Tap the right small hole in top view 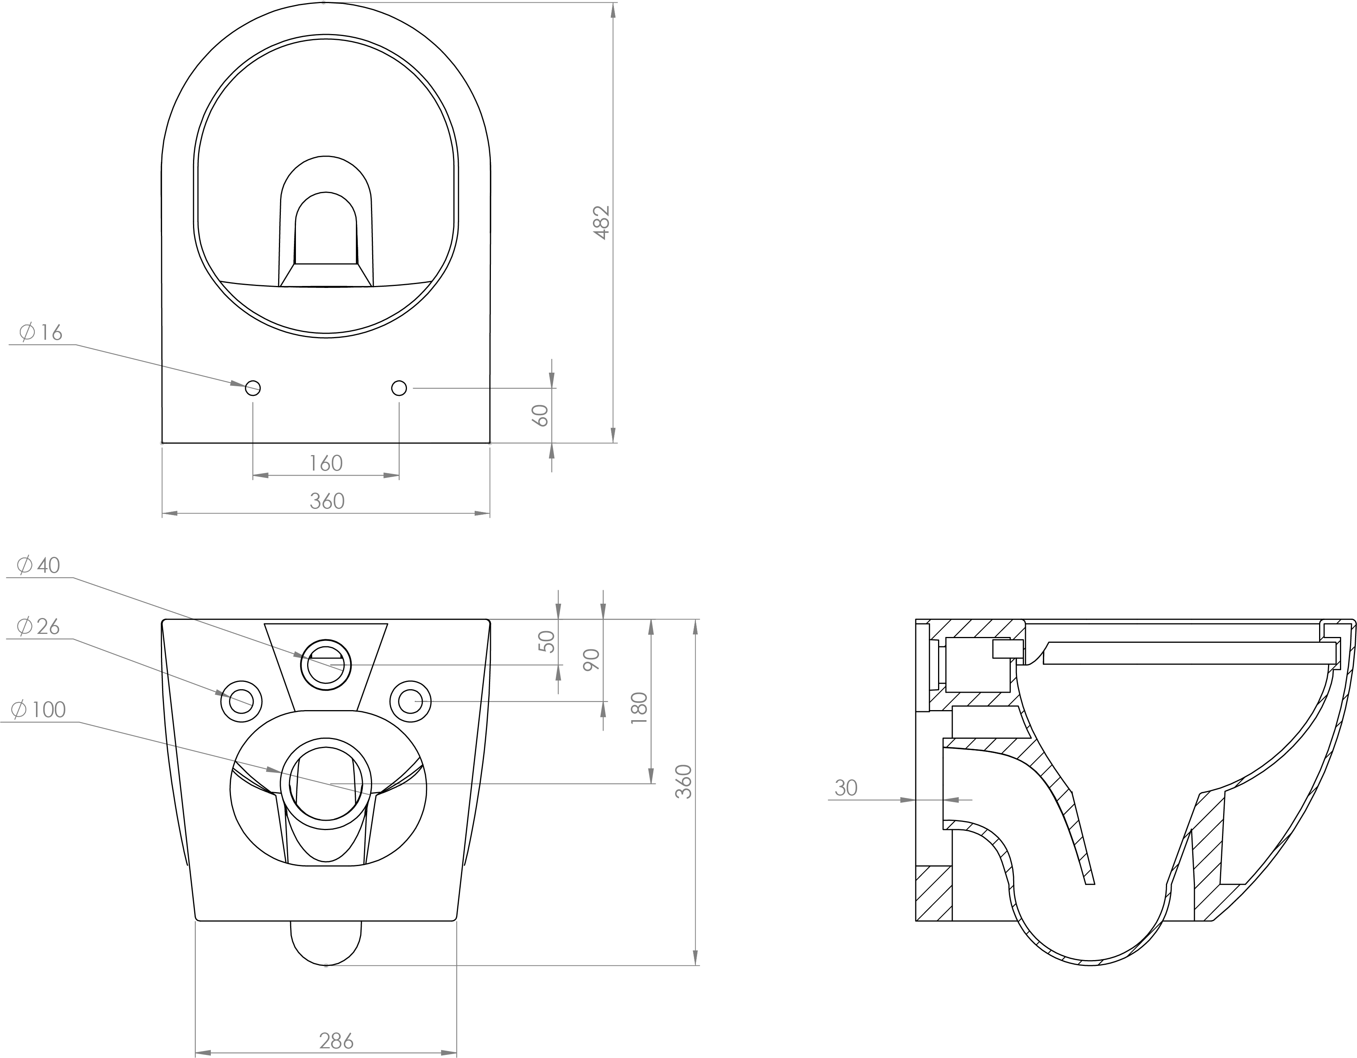pos(399,388)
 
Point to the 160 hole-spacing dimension pos(326,463)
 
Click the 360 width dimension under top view pos(327,501)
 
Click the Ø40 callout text pos(39,565)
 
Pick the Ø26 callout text pos(39,626)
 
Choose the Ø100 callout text pos(39,709)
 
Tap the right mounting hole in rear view pos(410,701)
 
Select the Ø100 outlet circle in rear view pos(326,783)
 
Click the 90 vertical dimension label pos(591,659)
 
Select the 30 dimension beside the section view pos(846,788)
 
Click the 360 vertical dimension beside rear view pos(683,781)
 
